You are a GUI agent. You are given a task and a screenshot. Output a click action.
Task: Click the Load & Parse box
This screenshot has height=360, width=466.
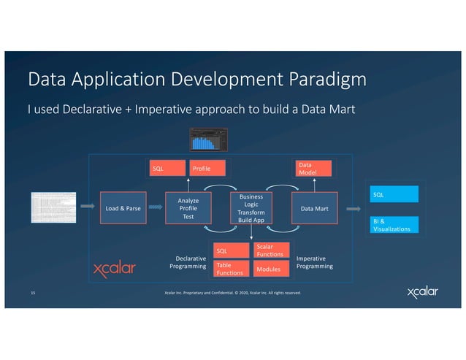pyautogui.click(x=123, y=209)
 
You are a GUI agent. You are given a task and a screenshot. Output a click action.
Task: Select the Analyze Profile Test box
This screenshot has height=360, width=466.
pyautogui.click(x=187, y=208)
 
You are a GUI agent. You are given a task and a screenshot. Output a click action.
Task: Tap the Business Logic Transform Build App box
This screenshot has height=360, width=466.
pyautogui.click(x=251, y=208)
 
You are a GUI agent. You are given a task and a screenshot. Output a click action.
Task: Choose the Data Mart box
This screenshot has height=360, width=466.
pyautogui.click(x=314, y=209)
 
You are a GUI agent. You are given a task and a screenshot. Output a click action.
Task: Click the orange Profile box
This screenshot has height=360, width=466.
pyautogui.click(x=207, y=169)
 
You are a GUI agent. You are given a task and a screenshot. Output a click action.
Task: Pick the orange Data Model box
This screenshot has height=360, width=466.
pyautogui.click(x=311, y=169)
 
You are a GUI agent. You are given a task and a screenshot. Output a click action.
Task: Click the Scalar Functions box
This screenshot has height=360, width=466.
pyautogui.click(x=271, y=250)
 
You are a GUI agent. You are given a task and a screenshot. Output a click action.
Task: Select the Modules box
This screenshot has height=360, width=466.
pyautogui.click(x=271, y=269)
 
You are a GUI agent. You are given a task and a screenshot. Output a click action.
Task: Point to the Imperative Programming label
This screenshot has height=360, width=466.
pyautogui.click(x=314, y=262)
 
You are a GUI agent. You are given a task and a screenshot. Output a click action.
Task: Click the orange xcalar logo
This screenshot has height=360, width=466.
pyautogui.click(x=115, y=269)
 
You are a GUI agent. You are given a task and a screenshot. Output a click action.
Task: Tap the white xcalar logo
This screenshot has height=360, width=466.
pyautogui.click(x=423, y=293)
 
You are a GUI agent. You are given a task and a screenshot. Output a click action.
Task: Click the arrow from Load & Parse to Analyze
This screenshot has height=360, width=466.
pyautogui.click(x=155, y=208)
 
